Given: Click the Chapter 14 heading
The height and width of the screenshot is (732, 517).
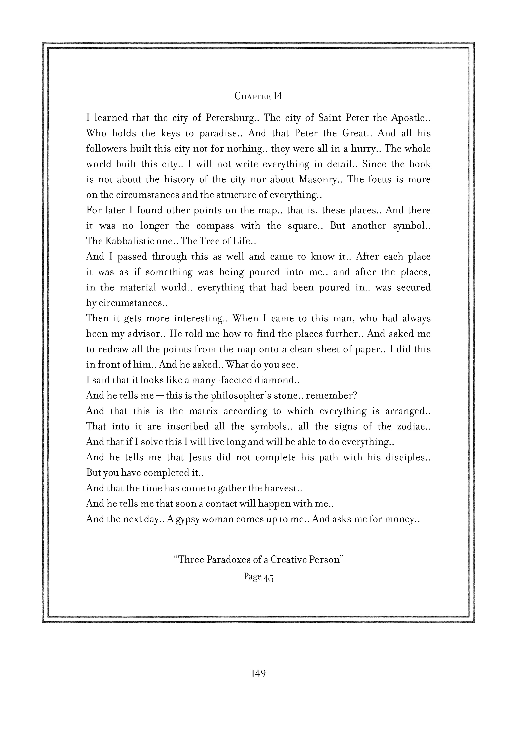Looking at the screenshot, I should pos(258,96).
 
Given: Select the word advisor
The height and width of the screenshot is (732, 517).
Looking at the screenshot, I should pos(146,334).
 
